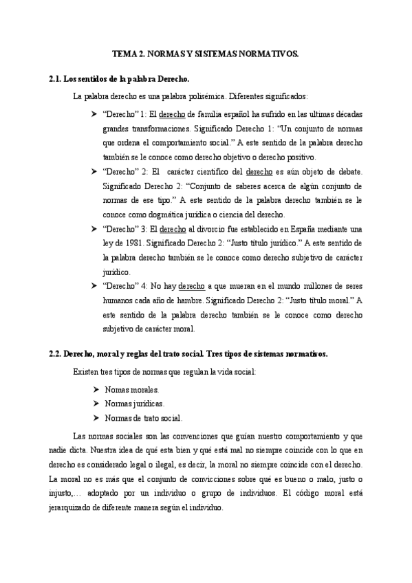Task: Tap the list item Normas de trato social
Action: tap(143, 418)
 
